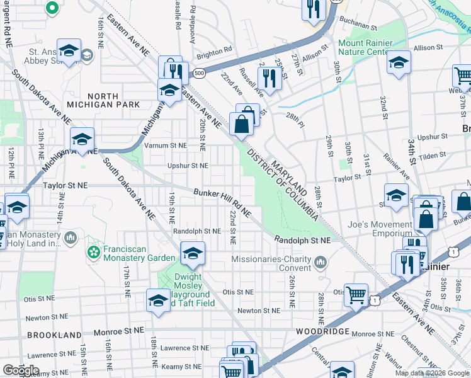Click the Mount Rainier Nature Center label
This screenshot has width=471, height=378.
coord(366,48)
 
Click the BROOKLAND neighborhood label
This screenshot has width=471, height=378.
coord(54,335)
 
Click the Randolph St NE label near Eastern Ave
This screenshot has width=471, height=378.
coord(302,240)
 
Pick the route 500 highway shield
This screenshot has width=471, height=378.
coord(200,74)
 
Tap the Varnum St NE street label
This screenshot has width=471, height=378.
coord(166,146)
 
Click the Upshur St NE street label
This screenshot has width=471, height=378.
coord(188,166)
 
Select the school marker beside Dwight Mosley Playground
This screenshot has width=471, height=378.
coord(193,253)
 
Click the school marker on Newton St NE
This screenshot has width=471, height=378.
coord(158,301)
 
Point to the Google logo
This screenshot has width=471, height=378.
coord(21,370)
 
